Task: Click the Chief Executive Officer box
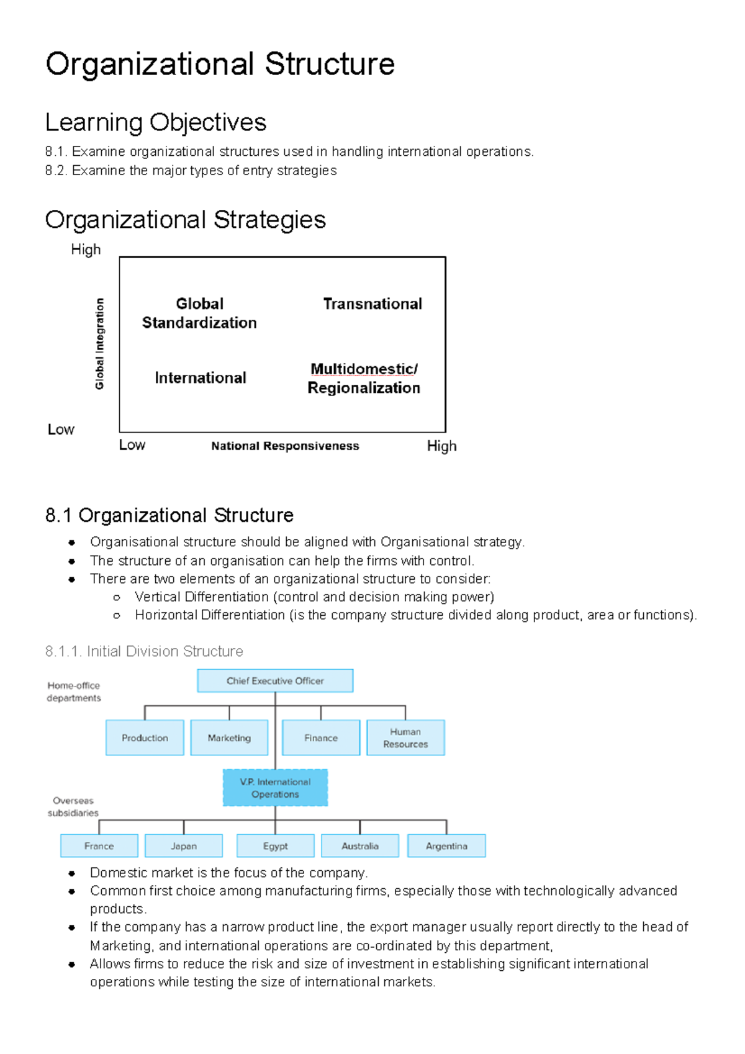pyautogui.click(x=275, y=681)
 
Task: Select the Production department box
pyautogui.click(x=145, y=737)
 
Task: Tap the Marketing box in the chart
pyautogui.click(x=229, y=737)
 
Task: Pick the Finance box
pyautogui.click(x=321, y=737)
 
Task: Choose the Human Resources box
pyautogui.click(x=405, y=737)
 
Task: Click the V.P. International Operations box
pyautogui.click(x=275, y=788)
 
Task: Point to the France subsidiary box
pyautogui.click(x=99, y=846)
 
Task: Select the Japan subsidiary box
pyautogui.click(x=184, y=846)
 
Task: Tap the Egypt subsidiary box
pyautogui.click(x=275, y=846)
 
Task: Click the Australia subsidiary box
pyautogui.click(x=360, y=846)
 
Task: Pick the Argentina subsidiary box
pyautogui.click(x=446, y=846)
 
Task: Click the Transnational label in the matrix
pyautogui.click(x=372, y=304)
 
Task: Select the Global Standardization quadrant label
pyautogui.click(x=199, y=313)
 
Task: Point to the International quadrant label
pyautogui.click(x=201, y=378)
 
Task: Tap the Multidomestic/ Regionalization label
pyautogui.click(x=364, y=379)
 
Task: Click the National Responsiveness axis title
pyautogui.click(x=285, y=446)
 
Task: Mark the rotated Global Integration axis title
pyautogui.click(x=99, y=344)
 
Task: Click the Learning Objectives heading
pyautogui.click(x=156, y=123)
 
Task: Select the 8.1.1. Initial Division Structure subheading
pyautogui.click(x=144, y=651)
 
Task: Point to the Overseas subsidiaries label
pyautogui.click(x=73, y=807)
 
